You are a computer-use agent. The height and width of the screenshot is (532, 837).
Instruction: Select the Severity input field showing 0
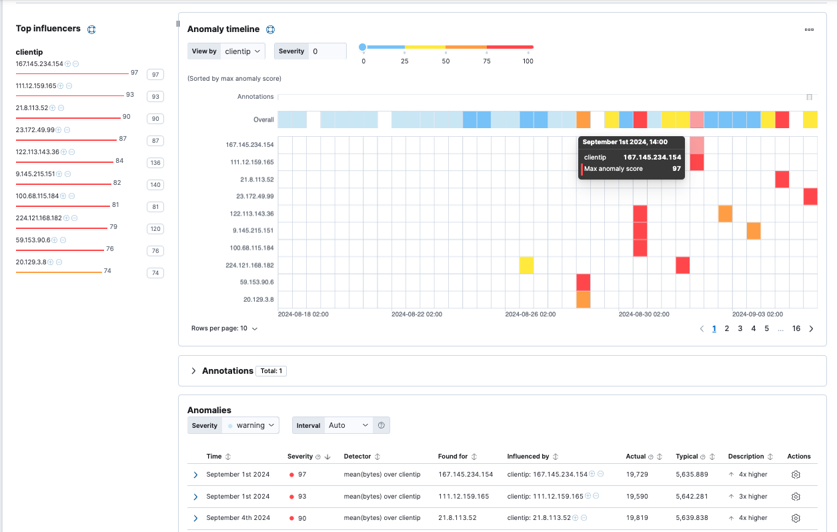point(327,51)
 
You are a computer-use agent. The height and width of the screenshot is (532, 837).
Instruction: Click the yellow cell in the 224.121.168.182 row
point(526,265)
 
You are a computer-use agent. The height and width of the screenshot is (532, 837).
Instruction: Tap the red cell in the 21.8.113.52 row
point(782,179)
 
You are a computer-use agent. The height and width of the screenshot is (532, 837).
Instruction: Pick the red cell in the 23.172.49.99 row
point(810,196)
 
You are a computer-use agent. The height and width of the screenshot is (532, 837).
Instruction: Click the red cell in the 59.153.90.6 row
point(584,282)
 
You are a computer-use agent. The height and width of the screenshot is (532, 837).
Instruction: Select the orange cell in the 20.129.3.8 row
point(584,300)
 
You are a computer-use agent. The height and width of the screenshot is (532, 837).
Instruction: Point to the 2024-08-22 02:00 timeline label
point(416,314)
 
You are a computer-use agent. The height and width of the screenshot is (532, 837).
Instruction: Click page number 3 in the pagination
point(740,328)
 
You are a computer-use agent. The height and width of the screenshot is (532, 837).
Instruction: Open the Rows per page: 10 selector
point(224,328)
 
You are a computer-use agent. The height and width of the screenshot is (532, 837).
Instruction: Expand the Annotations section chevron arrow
point(193,371)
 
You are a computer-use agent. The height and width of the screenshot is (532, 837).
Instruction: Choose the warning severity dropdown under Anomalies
point(252,425)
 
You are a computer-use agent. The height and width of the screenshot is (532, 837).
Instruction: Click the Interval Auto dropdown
point(348,425)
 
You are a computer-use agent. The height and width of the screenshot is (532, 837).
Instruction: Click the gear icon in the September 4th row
point(795,518)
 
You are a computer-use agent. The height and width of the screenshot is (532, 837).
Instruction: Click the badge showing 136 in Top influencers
point(155,163)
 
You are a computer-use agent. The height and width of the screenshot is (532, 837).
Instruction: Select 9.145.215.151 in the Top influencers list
point(35,174)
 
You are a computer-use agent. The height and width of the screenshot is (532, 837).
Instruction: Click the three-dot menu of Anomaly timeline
point(809,29)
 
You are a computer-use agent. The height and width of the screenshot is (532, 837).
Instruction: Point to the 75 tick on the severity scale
point(487,61)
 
